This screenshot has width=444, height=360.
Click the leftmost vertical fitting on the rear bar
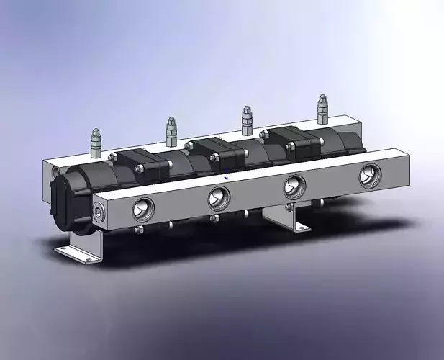pos(95,143)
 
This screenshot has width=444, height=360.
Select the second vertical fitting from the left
pos(171,131)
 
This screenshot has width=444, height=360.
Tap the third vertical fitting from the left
pos(247,120)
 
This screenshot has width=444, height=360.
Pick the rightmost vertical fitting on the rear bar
pos(322,109)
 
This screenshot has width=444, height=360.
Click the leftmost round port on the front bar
pos(142,209)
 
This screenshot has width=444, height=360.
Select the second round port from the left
pos(219,196)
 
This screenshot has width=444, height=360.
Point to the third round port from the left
pos(294,186)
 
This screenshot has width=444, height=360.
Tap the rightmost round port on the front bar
pos(371,174)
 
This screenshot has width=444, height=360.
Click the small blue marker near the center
pos(227,175)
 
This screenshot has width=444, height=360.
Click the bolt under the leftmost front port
pos(139,230)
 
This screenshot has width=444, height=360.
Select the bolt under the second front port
pos(214,218)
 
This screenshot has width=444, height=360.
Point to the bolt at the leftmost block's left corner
pos(112,156)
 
